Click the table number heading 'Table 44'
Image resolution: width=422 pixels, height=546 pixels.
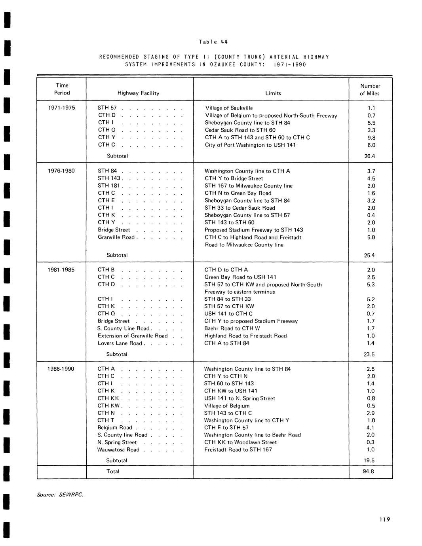tap(213, 42)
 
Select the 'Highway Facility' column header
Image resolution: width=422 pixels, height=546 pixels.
tap(138, 93)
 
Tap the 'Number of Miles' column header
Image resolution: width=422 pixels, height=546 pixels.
tap(370, 90)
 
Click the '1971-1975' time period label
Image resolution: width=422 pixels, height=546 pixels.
tap(62, 108)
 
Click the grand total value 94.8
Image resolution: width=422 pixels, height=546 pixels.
tap(369, 471)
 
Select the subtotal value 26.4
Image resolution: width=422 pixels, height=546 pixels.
tap(369, 156)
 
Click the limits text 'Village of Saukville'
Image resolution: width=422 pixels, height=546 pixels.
tap(229, 108)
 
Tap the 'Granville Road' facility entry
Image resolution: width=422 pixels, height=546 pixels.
tap(116, 237)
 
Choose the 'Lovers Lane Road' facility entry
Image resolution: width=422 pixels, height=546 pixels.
tap(120, 343)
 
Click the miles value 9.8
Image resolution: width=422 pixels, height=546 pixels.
tap(371, 138)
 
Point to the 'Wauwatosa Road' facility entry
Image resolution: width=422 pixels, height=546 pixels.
tap(118, 450)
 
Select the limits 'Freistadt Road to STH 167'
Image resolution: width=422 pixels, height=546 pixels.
tap(238, 450)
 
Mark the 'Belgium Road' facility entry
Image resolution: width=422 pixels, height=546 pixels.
tap(115, 428)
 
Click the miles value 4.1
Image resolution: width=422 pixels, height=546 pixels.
tap(371, 428)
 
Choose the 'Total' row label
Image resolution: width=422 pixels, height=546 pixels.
tap(113, 471)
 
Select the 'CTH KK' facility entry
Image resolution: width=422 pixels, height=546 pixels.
tap(108, 398)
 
